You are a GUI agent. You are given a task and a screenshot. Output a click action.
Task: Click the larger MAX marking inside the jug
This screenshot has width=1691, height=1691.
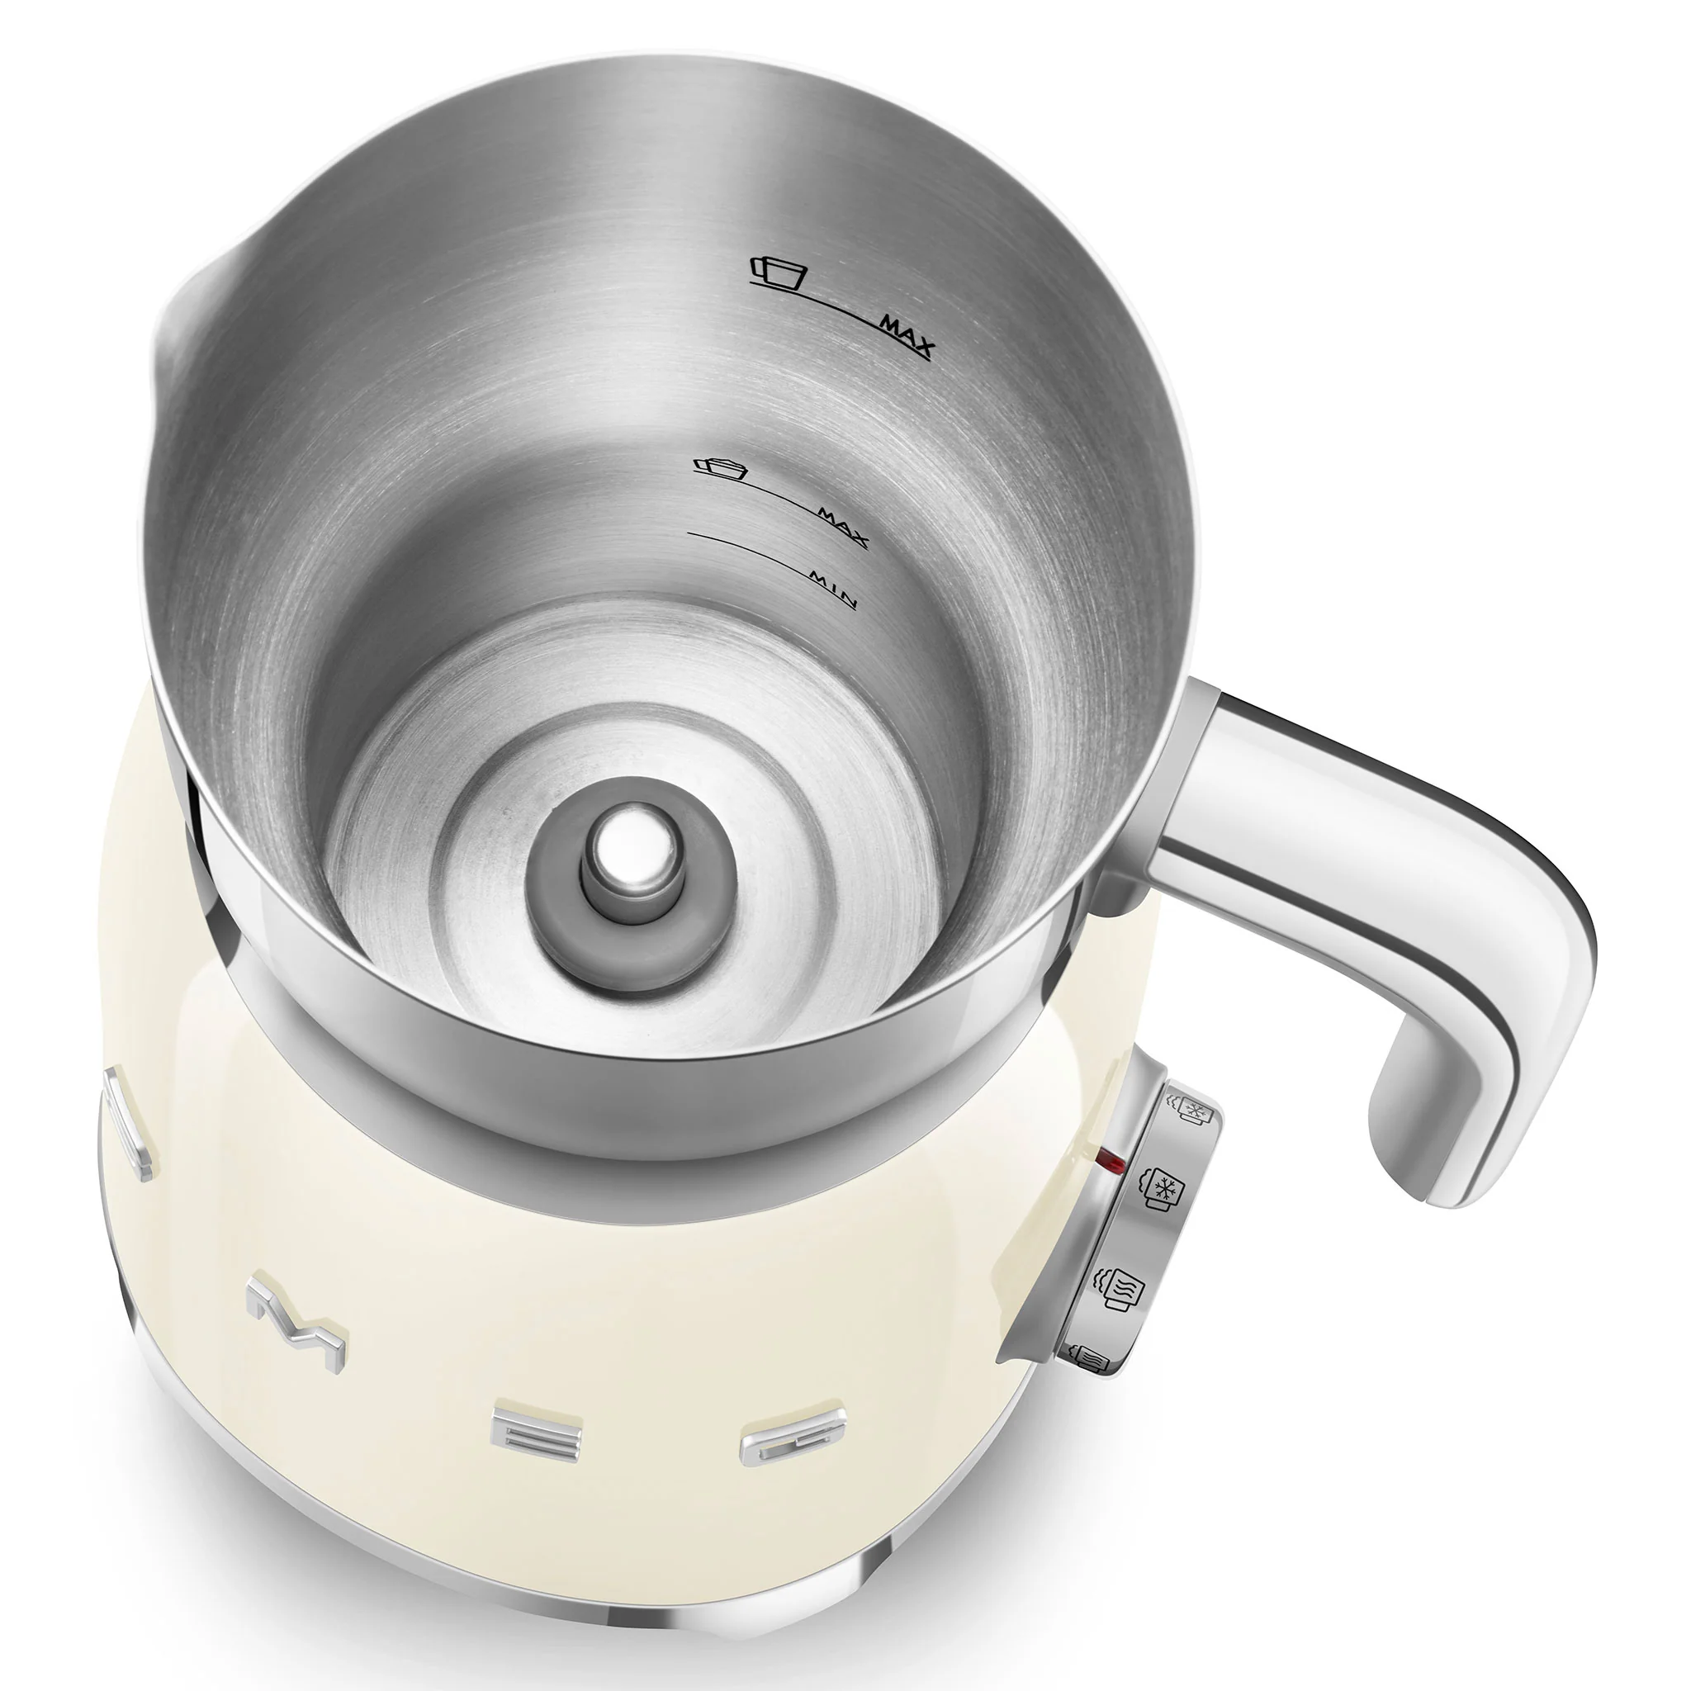point(907,335)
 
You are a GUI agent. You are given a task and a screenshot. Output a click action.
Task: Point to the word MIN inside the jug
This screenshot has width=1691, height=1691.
point(831,588)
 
